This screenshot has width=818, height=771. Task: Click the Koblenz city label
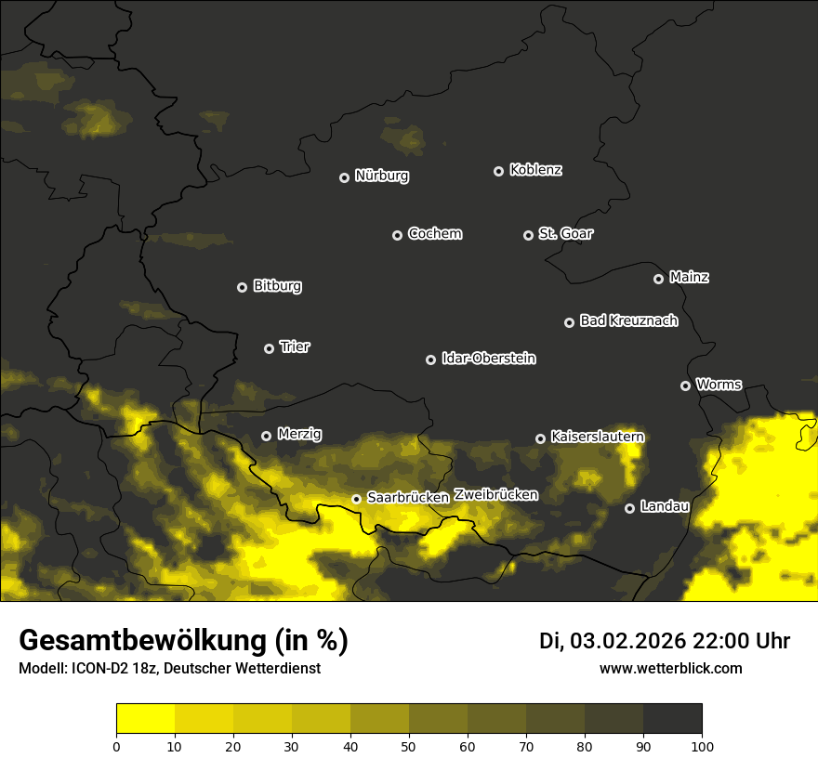pyautogui.click(x=535, y=170)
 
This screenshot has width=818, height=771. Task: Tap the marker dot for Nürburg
pyautogui.click(x=344, y=177)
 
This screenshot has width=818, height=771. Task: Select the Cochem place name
pyautogui.click(x=434, y=234)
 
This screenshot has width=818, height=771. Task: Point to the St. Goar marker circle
pyautogui.click(x=528, y=236)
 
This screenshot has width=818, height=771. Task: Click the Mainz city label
pyautogui.click(x=689, y=278)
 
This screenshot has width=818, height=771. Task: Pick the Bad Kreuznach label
pyautogui.click(x=628, y=321)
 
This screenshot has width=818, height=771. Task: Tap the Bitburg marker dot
pyautogui.click(x=243, y=288)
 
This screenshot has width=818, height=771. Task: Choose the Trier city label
pyautogui.click(x=295, y=347)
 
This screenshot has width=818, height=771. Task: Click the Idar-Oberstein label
pyautogui.click(x=488, y=359)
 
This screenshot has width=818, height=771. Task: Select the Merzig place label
pyautogui.click(x=299, y=435)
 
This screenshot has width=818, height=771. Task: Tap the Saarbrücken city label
pyautogui.click(x=407, y=498)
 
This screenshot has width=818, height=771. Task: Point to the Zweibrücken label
pyautogui.click(x=495, y=495)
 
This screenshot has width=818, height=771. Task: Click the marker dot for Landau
pyautogui.click(x=629, y=508)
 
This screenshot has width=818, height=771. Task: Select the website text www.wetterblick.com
pyautogui.click(x=670, y=669)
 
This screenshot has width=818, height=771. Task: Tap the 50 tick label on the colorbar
pyautogui.click(x=409, y=746)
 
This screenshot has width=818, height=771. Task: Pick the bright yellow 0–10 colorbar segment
pyautogui.click(x=145, y=719)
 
